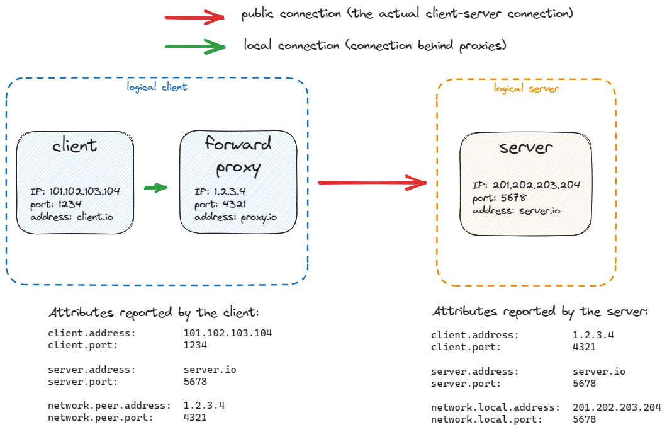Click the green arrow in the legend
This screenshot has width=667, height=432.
pos(194,47)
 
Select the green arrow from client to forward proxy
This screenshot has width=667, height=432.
pos(155,187)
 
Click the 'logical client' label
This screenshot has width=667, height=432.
pos(157,87)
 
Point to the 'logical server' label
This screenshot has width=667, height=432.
pos(526,88)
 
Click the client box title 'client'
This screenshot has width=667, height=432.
pos(75,146)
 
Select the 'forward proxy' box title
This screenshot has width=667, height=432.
pos(238,155)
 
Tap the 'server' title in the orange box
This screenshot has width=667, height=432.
pos(526,147)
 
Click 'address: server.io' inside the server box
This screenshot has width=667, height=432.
pos(516,210)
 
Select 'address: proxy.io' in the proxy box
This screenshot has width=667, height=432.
pos(236,217)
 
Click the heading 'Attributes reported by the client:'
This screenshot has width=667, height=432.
pos(154,313)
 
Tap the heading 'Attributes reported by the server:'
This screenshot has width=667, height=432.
pos(540,312)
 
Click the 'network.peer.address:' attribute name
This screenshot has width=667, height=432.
pos(109,405)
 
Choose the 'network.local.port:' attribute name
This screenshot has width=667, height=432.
pos(486,419)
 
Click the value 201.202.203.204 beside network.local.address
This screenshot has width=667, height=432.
pos(617,407)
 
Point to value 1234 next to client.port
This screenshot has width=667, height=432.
pos(195,345)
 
